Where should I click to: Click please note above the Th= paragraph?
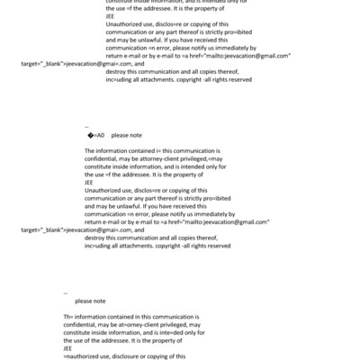90,301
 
